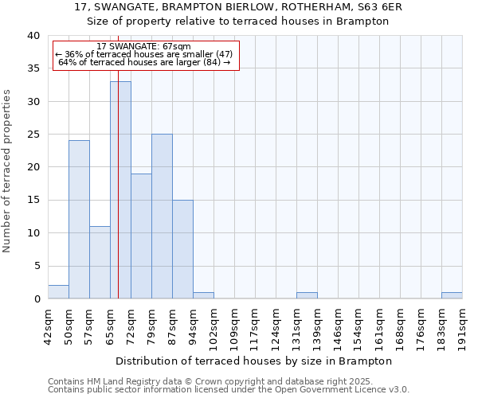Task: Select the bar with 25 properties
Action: tap(162, 216)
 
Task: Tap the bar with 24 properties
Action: tap(79, 219)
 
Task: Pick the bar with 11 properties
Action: tap(100, 262)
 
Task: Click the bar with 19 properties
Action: tap(141, 236)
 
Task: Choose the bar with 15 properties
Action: tap(182, 249)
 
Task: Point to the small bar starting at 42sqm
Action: tap(58, 291)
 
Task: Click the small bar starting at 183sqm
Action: tap(452, 295)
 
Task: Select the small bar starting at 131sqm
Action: tap(307, 295)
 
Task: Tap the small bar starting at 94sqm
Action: tap(203, 295)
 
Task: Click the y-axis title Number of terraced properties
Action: tap(7, 170)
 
